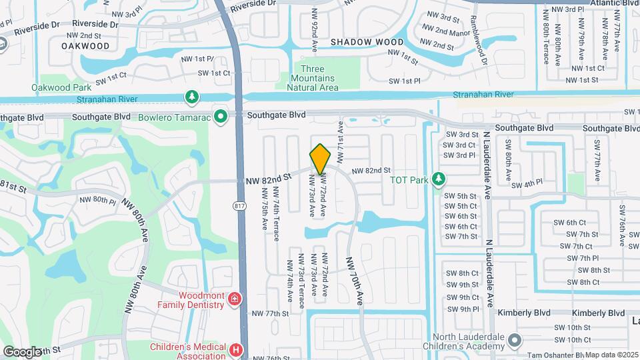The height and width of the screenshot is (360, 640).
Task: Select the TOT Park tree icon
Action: pos(439,179)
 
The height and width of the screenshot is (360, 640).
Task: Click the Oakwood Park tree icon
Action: pos(192,97)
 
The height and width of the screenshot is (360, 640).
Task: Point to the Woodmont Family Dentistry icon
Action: pos(234,299)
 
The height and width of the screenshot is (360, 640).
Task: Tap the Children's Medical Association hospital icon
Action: pos(235,349)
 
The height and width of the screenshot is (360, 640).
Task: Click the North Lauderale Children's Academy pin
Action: pos(513,341)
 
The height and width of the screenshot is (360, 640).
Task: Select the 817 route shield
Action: pos(239,206)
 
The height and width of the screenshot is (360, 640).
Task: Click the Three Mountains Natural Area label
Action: pos(313,78)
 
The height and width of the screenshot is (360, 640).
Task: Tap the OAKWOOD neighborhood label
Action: pos(85,46)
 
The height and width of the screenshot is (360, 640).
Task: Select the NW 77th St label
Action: pos(269,313)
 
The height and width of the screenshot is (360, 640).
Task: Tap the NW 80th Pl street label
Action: pos(97,199)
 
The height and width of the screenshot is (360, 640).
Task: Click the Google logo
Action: pos(22,351)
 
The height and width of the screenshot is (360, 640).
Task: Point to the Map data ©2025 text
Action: pos(611,355)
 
